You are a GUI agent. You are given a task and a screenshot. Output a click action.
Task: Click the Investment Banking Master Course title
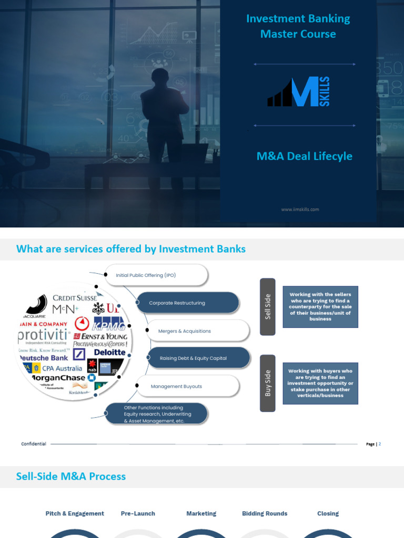298,26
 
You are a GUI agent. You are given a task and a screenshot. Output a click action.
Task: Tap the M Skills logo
299,92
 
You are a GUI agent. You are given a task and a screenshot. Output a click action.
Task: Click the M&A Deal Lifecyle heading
304,156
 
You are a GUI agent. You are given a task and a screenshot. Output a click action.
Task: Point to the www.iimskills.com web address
300,209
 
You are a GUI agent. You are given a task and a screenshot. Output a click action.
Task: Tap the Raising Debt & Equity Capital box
198,358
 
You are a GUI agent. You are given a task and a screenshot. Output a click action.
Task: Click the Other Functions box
156,414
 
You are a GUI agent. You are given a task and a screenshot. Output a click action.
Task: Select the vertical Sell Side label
268,306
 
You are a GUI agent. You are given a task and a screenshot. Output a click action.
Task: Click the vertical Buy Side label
268,383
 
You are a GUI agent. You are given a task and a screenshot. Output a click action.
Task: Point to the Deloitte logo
109,353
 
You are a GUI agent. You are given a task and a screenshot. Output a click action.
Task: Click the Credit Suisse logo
75,298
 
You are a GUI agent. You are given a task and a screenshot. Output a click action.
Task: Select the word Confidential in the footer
34,444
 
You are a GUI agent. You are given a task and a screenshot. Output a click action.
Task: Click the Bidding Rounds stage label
265,513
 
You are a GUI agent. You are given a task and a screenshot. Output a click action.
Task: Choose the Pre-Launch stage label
138,513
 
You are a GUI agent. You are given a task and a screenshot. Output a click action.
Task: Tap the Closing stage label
328,513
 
